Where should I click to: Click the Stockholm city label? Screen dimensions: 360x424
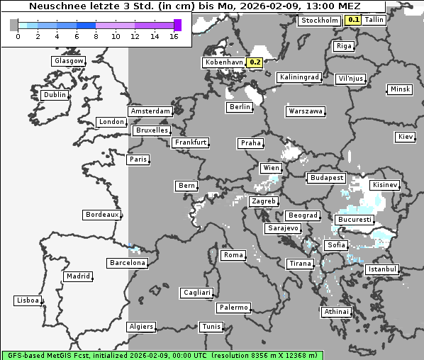pyautogui.click(x=320, y=21)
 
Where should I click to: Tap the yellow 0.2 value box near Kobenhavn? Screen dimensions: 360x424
pyautogui.click(x=255, y=62)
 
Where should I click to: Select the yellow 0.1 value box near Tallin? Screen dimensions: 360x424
pyautogui.click(x=353, y=20)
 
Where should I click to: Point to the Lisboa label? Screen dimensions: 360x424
pyautogui.click(x=28, y=300)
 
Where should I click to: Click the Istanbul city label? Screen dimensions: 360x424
pyautogui.click(x=382, y=270)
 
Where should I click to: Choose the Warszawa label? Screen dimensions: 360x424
pyautogui.click(x=306, y=111)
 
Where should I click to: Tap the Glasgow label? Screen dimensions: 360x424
pyautogui.click(x=68, y=61)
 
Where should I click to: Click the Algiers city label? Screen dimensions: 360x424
pyautogui.click(x=140, y=327)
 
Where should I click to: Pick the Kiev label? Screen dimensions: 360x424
pyautogui.click(x=406, y=137)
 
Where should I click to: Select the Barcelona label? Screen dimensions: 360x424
pyautogui.click(x=127, y=263)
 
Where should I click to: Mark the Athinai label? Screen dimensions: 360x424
pyautogui.click(x=336, y=312)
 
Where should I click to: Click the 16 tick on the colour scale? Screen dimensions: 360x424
pyautogui.click(x=174, y=36)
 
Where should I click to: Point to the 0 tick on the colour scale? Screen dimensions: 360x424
pyautogui.click(x=17, y=36)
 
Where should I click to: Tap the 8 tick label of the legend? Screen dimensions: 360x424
pyautogui.click(x=96, y=36)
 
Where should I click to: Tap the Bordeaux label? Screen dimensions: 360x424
pyautogui.click(x=101, y=215)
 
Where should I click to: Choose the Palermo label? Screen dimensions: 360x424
pyautogui.click(x=233, y=308)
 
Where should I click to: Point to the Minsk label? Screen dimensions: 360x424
pyautogui.click(x=399, y=89)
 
